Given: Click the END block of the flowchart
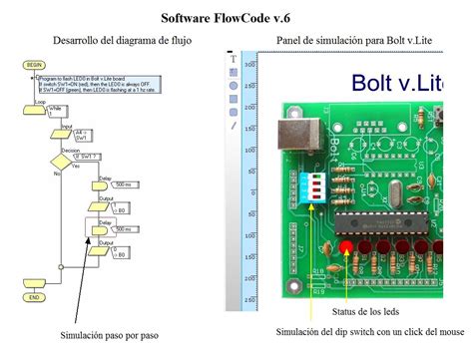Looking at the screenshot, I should [x=34, y=297].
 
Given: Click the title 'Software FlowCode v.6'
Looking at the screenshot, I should [x=236, y=17].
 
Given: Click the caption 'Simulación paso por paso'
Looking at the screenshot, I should [x=109, y=336].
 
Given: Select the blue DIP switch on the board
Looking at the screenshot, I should [x=313, y=185].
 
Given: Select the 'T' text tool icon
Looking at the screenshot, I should [x=234, y=59].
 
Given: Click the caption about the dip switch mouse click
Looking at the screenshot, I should [x=370, y=332].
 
